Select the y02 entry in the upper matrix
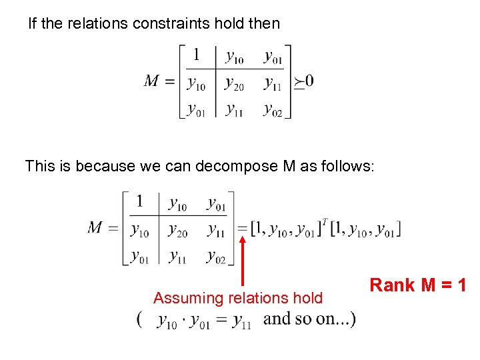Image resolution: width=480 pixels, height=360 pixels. coord(273,107)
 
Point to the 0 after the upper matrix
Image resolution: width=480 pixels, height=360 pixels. coord(309,81)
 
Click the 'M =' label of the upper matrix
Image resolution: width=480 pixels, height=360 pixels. coord(160,81)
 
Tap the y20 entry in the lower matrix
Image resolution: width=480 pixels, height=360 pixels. coord(177,230)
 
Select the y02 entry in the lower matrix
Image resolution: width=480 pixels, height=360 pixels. coord(216,255)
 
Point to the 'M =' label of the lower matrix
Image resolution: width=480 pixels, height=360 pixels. coord(103,229)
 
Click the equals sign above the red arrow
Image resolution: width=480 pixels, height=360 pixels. coord(244,229)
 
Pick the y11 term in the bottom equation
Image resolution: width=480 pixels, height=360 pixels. coord(241,321)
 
